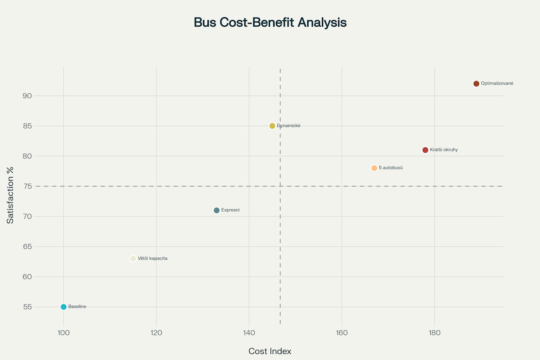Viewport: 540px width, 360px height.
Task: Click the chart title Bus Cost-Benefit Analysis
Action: (x=270, y=22)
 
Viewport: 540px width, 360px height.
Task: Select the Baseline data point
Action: (x=64, y=307)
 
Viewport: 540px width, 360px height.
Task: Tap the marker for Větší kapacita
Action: (x=133, y=259)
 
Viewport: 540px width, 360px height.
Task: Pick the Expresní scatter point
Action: (x=217, y=210)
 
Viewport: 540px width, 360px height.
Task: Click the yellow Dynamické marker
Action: (x=272, y=126)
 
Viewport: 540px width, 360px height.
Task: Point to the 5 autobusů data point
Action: (x=374, y=168)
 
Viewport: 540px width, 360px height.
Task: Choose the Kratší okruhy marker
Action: (x=425, y=150)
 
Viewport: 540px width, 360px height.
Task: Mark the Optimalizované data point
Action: (x=476, y=84)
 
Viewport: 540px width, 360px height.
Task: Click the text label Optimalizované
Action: (x=497, y=84)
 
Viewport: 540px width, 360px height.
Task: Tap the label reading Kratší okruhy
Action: (x=444, y=150)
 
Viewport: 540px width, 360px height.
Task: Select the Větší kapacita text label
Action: (x=153, y=258)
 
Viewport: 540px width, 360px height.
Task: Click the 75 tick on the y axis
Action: (x=27, y=186)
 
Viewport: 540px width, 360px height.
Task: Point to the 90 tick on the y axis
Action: (x=27, y=96)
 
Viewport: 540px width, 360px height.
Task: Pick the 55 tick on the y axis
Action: (x=27, y=307)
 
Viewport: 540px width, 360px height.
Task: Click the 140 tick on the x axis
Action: (x=249, y=333)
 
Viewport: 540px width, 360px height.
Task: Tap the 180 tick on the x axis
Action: (x=435, y=333)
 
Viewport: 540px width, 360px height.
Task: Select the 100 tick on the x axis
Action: (x=64, y=333)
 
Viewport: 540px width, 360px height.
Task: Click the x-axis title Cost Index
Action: (x=270, y=351)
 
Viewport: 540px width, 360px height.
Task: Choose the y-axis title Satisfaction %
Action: (x=10, y=195)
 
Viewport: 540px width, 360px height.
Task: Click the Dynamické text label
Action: (x=289, y=126)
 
